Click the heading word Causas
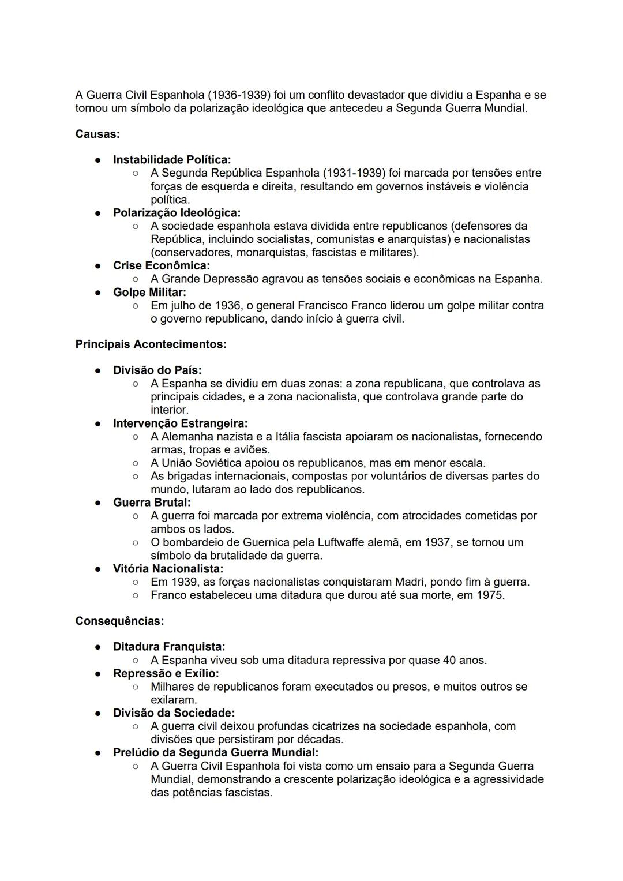coord(97,134)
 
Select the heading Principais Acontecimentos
coord(151,344)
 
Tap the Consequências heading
coord(119,621)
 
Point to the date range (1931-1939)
coord(354,173)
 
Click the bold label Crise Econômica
coord(161,265)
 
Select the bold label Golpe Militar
coord(149,292)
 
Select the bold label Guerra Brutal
coord(151,503)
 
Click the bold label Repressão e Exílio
coord(166,673)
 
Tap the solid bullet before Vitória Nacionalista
coord(99,569)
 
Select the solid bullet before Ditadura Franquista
coord(99,647)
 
